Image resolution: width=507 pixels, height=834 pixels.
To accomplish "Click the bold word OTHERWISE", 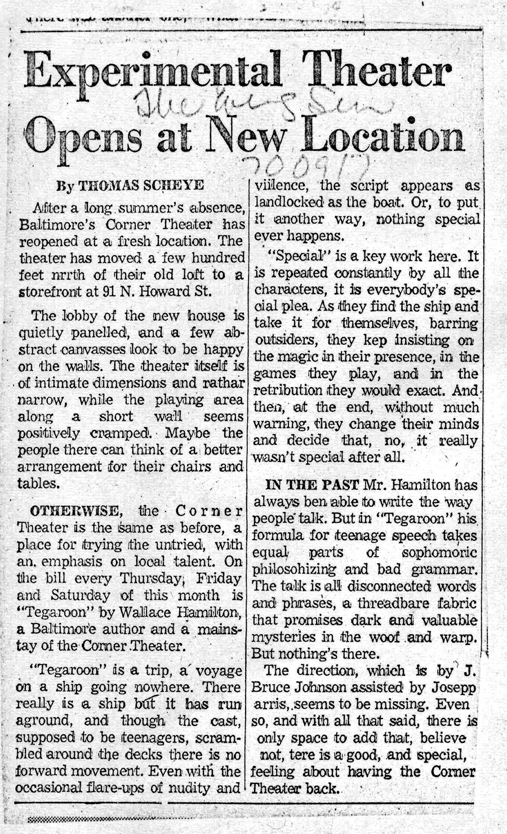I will pos(75,512).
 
